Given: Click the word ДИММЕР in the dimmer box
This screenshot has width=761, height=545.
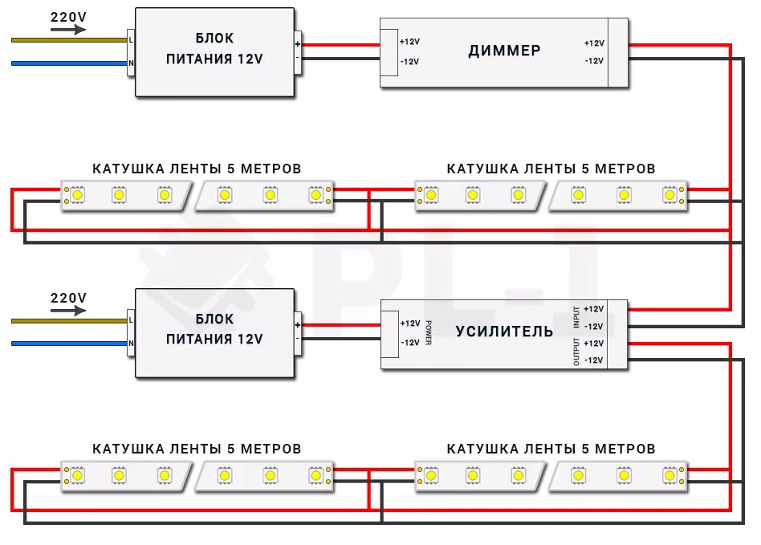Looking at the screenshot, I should click(x=504, y=51).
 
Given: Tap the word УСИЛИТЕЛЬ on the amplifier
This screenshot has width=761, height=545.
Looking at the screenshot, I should click(x=504, y=331).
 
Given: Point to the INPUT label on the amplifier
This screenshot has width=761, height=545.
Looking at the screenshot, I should click(x=576, y=316).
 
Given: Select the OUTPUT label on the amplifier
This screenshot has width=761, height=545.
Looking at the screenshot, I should click(x=576, y=352).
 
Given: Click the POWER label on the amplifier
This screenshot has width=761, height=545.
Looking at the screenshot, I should click(x=429, y=332).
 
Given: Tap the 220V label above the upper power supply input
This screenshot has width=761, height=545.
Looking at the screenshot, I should click(x=68, y=16).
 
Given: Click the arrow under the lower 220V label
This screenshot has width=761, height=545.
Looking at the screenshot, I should click(x=68, y=311).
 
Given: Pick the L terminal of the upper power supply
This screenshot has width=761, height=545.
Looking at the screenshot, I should click(x=131, y=39).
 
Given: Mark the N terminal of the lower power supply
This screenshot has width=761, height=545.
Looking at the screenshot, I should click(x=131, y=344).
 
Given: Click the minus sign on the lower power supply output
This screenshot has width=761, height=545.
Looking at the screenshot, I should click(x=298, y=339).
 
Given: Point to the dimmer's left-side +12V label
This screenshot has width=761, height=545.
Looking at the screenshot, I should click(x=409, y=42).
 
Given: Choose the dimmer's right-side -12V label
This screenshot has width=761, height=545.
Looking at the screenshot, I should click(x=594, y=61).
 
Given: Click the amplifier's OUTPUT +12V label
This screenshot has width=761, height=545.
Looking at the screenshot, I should click(x=594, y=344).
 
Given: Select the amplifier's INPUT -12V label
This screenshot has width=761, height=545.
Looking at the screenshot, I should click(x=594, y=326).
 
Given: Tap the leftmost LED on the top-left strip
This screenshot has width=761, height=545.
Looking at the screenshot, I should click(x=78, y=194).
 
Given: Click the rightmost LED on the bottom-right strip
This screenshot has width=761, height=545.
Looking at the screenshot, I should click(x=669, y=475).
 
